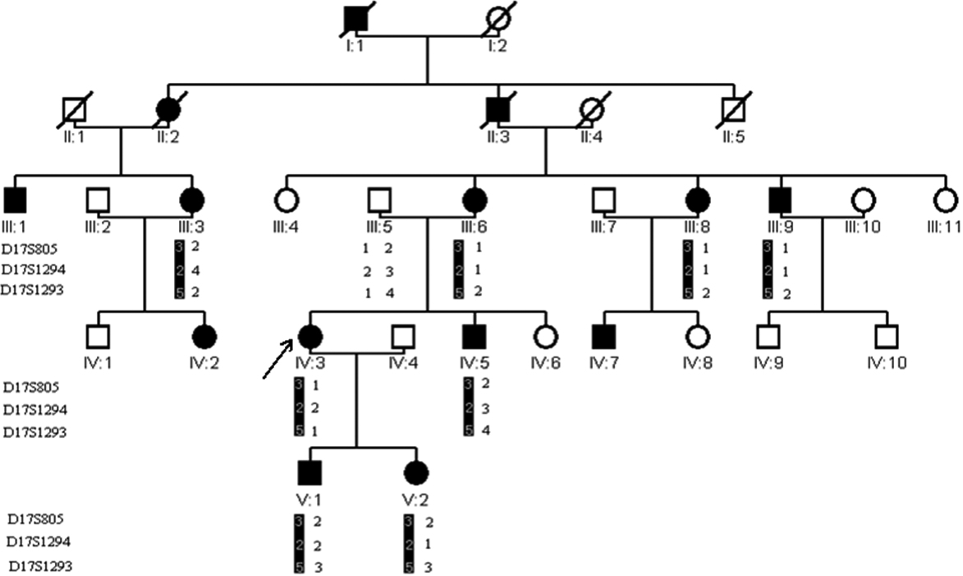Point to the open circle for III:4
[x=286, y=200]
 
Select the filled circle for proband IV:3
[x=310, y=336]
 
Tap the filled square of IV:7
[x=604, y=336]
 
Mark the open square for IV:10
[x=885, y=336]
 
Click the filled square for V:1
[x=310, y=474]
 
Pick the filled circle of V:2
[x=415, y=474]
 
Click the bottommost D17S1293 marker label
[x=36, y=566]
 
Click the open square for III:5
[x=378, y=200]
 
